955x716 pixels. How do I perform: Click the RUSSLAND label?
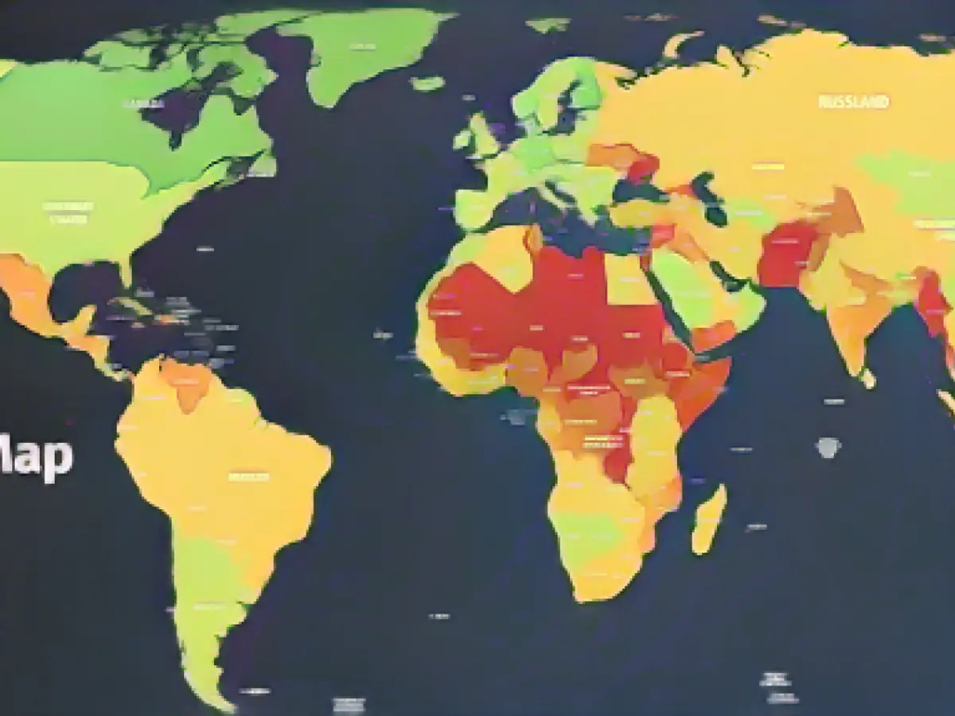tap(854, 103)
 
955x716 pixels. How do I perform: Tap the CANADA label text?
tap(144, 104)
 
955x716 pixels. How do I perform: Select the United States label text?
tap(68, 212)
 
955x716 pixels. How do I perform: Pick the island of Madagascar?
tap(708, 519)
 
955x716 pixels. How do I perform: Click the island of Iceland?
tap(428, 83)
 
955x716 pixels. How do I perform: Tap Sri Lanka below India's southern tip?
tap(867, 379)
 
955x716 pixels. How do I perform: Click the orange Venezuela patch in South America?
tap(187, 382)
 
